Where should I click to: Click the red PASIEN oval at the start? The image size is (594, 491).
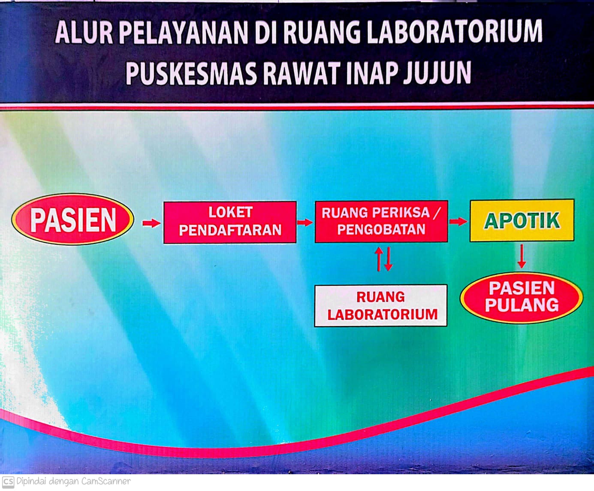click(x=72, y=219)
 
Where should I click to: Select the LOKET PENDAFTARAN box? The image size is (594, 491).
click(x=230, y=222)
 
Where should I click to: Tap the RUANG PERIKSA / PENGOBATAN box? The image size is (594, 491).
click(x=381, y=221)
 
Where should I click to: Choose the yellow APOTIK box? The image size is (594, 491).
click(x=522, y=220)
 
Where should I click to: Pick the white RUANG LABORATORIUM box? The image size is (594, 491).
click(x=381, y=305)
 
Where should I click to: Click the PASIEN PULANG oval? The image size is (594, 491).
click(x=522, y=298)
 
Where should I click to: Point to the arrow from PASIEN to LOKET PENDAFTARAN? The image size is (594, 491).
click(x=151, y=223)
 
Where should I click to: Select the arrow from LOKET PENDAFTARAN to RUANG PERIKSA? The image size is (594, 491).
click(x=305, y=222)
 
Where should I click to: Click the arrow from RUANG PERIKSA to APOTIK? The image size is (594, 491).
click(x=458, y=221)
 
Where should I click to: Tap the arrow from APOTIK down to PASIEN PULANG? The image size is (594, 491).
click(x=522, y=256)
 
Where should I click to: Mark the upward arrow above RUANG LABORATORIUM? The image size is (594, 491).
click(x=379, y=259)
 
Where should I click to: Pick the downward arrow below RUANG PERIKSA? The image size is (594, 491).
click(x=389, y=259)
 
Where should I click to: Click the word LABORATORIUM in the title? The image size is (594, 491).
click(x=455, y=31)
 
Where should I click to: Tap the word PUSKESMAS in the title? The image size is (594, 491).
click(x=191, y=73)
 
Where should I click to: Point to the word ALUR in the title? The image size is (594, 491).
click(x=84, y=32)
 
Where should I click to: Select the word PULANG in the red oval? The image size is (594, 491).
click(x=522, y=305)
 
